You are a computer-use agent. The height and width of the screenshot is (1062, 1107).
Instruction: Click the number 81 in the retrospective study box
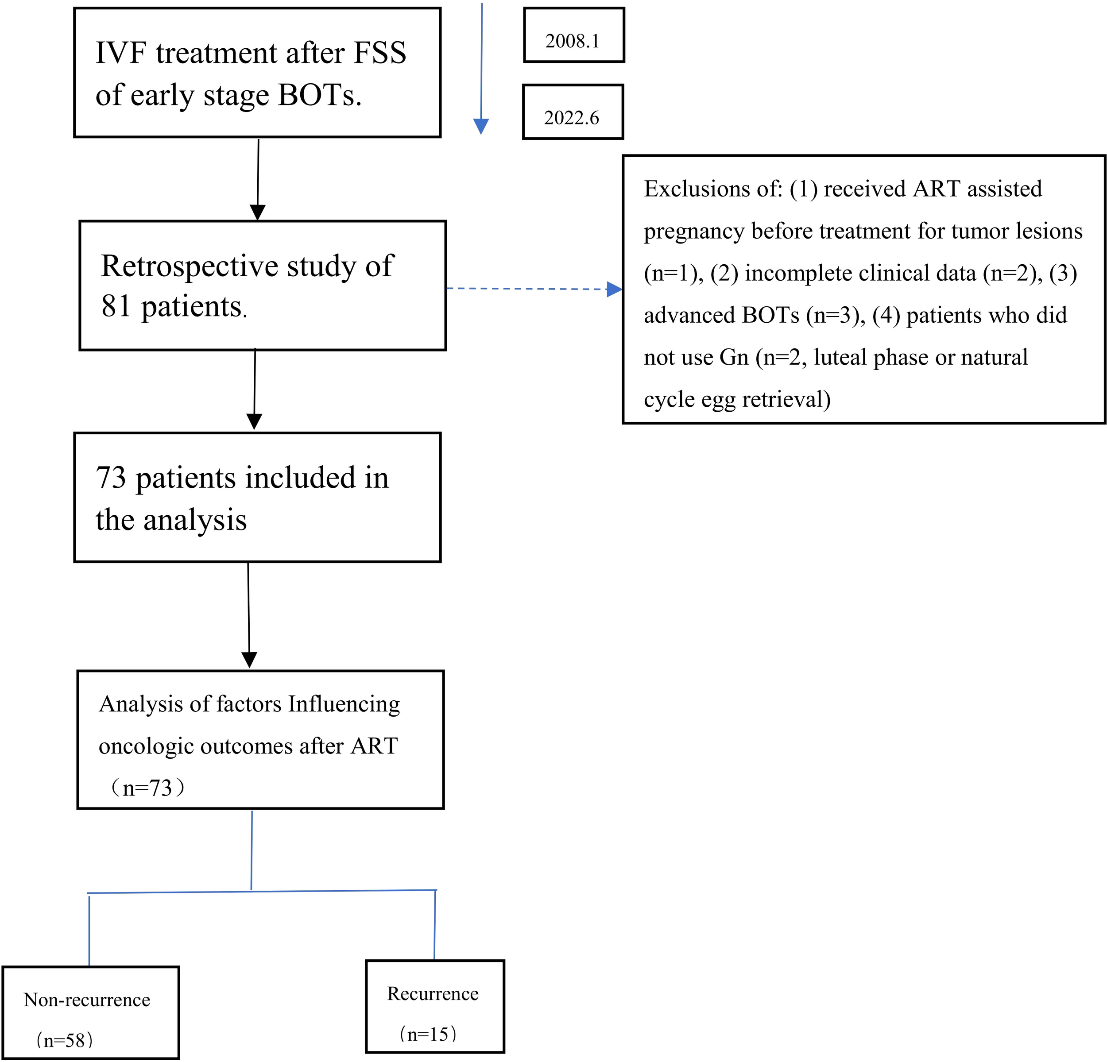116,307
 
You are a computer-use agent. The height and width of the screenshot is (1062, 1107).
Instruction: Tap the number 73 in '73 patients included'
111,478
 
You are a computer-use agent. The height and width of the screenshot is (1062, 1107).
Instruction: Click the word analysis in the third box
195,519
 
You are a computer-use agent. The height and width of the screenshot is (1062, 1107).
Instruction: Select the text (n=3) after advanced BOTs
835,315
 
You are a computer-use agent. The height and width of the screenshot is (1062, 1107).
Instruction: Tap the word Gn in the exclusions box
734,357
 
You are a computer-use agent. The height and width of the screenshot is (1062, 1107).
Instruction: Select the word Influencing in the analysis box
344,704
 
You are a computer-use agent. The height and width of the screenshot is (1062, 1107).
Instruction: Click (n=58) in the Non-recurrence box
64,1039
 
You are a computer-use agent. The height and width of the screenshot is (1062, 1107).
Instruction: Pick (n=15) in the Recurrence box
428,1034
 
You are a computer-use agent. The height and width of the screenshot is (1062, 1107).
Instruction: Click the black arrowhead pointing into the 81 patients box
258,212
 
